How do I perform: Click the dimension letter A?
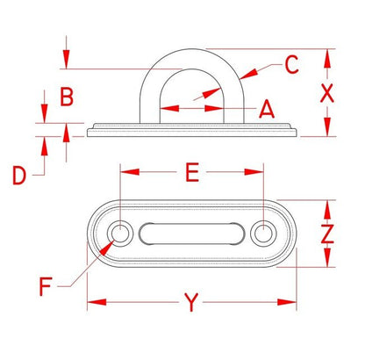(x=267, y=109)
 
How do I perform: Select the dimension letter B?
(x=67, y=97)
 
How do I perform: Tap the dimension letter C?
(x=291, y=64)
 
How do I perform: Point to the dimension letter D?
(x=19, y=175)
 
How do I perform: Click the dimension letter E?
(x=192, y=172)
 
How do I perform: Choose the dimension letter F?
(x=46, y=287)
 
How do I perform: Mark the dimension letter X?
(x=327, y=93)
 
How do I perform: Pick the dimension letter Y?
(x=191, y=302)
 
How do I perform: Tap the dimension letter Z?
(x=327, y=234)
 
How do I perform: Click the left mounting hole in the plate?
(x=120, y=234)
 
